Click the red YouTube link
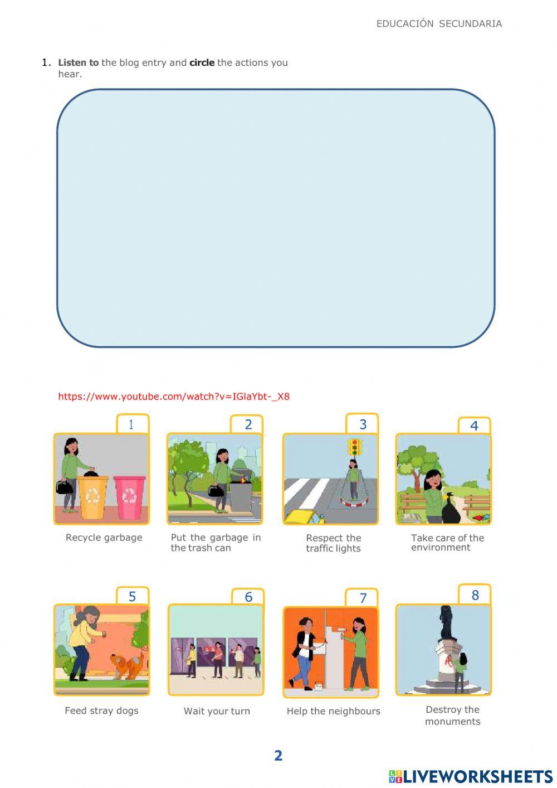[x=174, y=397]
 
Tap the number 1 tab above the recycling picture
[x=132, y=424]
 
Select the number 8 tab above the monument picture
[x=475, y=595]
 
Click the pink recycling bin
[x=129, y=496]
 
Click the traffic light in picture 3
[x=354, y=447]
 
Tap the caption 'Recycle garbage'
[x=104, y=538]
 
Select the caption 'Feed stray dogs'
[x=101, y=710]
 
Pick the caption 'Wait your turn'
[x=217, y=711]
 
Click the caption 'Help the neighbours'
[x=333, y=711]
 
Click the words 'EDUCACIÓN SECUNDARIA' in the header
[x=439, y=23]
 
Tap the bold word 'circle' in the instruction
[x=202, y=62]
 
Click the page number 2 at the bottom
[x=278, y=756]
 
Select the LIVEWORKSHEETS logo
[x=471, y=776]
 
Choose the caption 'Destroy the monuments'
[x=452, y=716]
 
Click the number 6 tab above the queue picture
[x=248, y=597]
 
